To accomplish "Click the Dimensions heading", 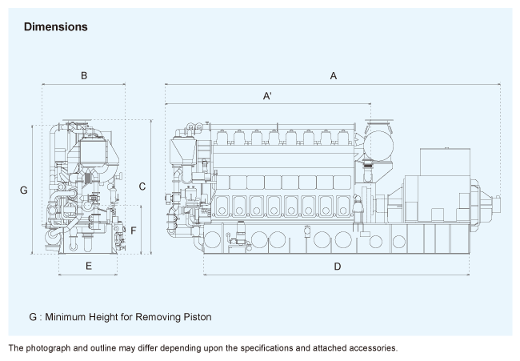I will [x=55, y=26].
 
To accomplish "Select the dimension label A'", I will [x=268, y=96].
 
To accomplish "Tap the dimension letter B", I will [x=83, y=75].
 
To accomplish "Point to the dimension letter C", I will [x=142, y=187].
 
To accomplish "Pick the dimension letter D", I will [x=337, y=266].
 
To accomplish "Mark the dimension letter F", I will [x=134, y=231].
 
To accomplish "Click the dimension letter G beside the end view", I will [x=24, y=190].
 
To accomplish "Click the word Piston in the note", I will [x=195, y=317].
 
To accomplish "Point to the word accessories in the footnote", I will [x=368, y=348].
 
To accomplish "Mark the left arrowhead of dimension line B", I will [x=44, y=84].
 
